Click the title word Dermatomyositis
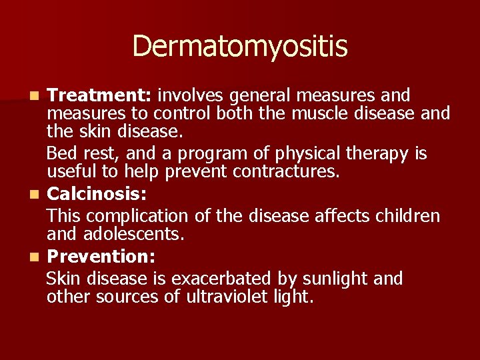pos(240,46)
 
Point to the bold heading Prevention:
pos(98,256)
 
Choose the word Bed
pos(61,154)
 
